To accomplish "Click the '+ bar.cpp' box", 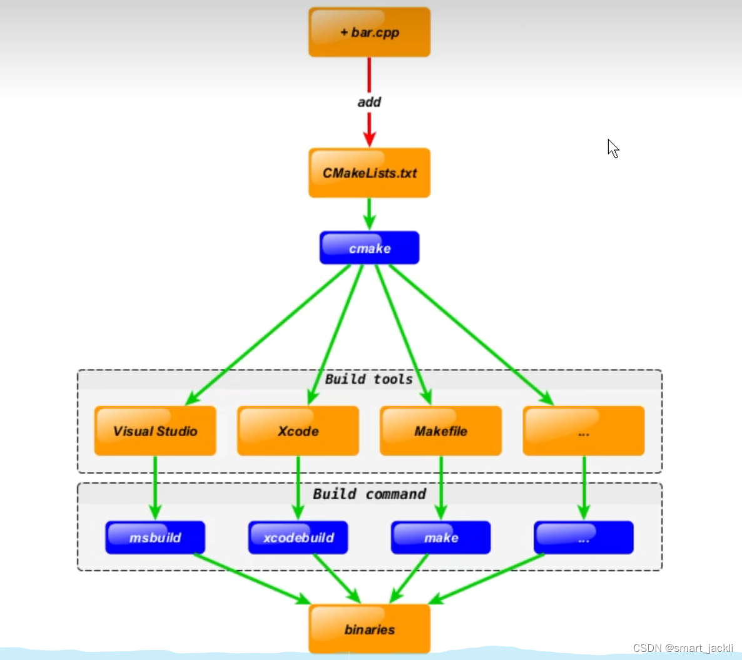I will (x=369, y=33).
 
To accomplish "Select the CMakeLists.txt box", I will (x=369, y=173).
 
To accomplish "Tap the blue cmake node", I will (x=369, y=248).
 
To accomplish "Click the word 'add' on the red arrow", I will (x=369, y=102).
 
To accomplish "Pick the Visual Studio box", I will (x=155, y=431).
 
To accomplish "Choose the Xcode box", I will (x=298, y=431).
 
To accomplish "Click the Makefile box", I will (x=440, y=431).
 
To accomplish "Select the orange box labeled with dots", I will (x=583, y=431).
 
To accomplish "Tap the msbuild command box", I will (x=155, y=537).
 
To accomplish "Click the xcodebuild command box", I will (x=298, y=537).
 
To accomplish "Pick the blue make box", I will (x=440, y=537).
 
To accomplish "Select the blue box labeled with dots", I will (x=583, y=537).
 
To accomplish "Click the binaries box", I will (x=369, y=629).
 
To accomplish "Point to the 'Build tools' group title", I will (x=368, y=379).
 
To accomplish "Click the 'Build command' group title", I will (x=369, y=494).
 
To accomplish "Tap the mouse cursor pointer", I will (x=612, y=148).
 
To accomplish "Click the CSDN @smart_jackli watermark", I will (x=683, y=648).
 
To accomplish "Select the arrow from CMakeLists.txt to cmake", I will (x=369, y=214).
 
